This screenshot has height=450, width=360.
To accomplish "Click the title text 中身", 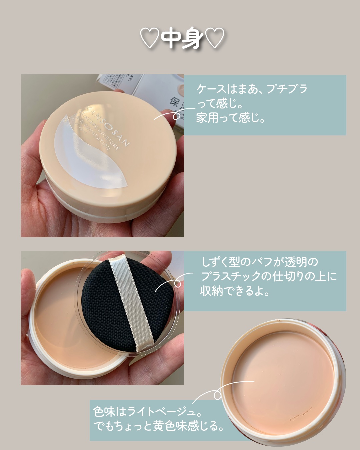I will (x=182, y=39).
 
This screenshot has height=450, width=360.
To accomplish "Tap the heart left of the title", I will (x=150, y=39).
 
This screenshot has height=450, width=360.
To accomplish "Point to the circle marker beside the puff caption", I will (x=178, y=284).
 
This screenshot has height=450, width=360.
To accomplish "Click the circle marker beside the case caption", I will (x=177, y=115).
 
